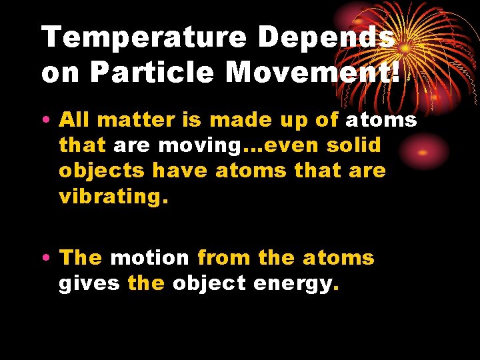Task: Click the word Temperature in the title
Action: (143, 38)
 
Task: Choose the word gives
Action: (89, 283)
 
